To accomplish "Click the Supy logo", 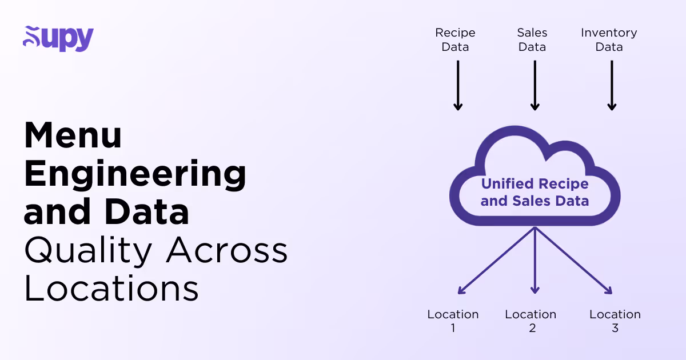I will pyautogui.click(x=58, y=38).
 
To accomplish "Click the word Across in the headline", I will pyautogui.click(x=227, y=250).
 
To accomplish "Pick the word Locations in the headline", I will pyautogui.click(x=111, y=289).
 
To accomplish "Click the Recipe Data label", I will pyautogui.click(x=455, y=40).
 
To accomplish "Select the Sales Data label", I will pyautogui.click(x=532, y=40).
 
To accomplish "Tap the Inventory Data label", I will pyautogui.click(x=609, y=40).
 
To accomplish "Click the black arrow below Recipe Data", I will pyautogui.click(x=457, y=85).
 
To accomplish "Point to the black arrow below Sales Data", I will pyautogui.click(x=535, y=85).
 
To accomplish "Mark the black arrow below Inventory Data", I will pyautogui.click(x=612, y=85).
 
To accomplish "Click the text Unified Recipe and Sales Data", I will pyautogui.click(x=535, y=193).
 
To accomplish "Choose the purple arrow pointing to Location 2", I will pyautogui.click(x=535, y=260).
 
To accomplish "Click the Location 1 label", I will pyautogui.click(x=453, y=321).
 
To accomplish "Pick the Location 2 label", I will pyautogui.click(x=531, y=321).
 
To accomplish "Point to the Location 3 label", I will pyautogui.click(x=615, y=321).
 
